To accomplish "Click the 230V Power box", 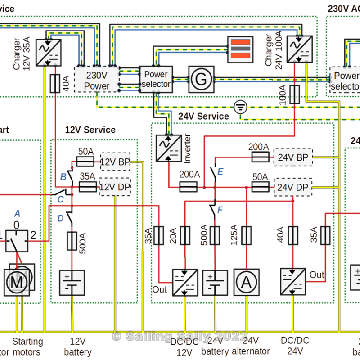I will point(97,81).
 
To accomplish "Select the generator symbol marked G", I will point(202,79).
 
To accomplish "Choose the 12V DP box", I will point(114,186).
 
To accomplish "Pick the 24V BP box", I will point(292,157).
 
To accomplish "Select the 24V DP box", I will point(292,186).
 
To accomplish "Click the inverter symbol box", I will point(168,148).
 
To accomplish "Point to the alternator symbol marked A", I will point(246,282).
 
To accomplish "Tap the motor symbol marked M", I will point(17,283).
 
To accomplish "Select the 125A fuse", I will point(246,235).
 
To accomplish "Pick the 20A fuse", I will point(185,235).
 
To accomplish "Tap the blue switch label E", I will point(220,171).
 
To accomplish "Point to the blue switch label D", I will point(60,218).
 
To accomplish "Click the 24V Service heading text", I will point(203,116).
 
